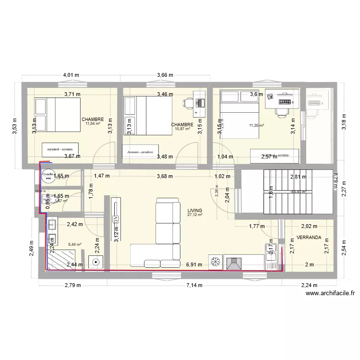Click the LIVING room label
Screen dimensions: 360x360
(x=195, y=210)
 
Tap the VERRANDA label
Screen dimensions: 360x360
(x=309, y=238)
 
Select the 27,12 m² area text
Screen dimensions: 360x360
(x=195, y=216)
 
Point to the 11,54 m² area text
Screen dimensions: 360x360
(x=93, y=124)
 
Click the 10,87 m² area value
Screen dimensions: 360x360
(x=182, y=129)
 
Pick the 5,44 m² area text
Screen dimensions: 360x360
(x=75, y=244)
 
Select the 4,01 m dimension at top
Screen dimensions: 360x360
(x=71, y=75)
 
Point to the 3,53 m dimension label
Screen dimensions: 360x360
(x=15, y=127)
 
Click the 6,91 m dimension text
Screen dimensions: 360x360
(x=195, y=264)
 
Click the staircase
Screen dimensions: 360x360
(x=288, y=191)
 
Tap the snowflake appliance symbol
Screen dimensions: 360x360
(x=216, y=262)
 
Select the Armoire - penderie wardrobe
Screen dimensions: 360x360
(x=141, y=152)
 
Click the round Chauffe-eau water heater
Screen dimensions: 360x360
(x=48, y=177)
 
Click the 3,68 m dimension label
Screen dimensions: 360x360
(x=165, y=176)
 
